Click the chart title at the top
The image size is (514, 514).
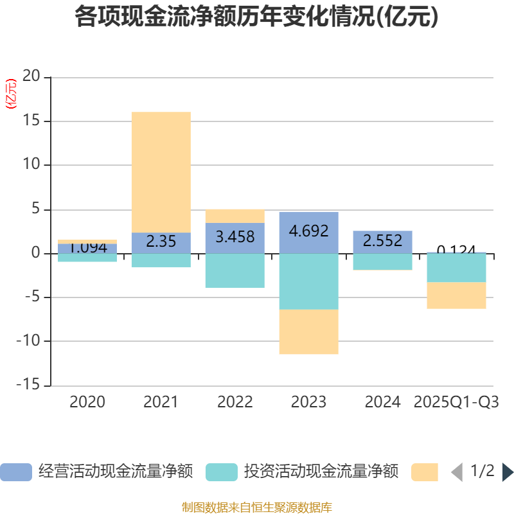coord(256,17)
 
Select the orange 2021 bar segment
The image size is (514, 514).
coord(161,172)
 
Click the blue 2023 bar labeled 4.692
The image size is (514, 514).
coord(308,231)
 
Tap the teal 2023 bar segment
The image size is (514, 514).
coord(308,281)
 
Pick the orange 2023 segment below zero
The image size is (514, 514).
coord(308,332)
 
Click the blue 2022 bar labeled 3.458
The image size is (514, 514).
coord(235,237)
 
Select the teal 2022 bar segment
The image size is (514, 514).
coord(235,270)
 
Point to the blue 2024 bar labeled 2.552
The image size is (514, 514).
coord(382,241)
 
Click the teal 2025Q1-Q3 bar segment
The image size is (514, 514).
coord(456,268)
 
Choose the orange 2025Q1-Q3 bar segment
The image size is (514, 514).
coord(456,296)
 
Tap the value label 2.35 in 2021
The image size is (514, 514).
coord(161,242)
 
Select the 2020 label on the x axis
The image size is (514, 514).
coord(87,402)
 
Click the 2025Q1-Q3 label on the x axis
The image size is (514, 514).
coord(456,402)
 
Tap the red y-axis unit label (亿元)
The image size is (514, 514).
coord(11,94)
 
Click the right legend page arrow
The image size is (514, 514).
coord(508,472)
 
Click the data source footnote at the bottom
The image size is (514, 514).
coord(256,508)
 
